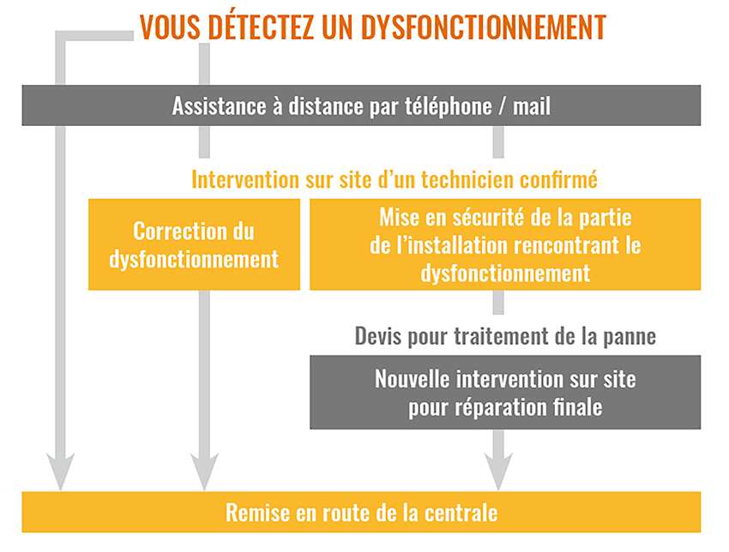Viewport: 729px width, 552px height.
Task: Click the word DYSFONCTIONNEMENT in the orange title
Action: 484,27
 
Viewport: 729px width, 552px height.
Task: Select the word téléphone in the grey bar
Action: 448,106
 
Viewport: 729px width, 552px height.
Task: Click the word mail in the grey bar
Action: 532,105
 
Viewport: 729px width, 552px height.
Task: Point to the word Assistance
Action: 219,106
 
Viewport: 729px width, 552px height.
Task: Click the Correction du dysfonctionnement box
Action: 194,244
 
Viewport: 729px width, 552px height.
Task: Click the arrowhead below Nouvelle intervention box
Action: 498,471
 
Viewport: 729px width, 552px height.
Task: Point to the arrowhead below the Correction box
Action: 204,471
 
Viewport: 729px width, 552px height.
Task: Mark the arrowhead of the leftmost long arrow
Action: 60,471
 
